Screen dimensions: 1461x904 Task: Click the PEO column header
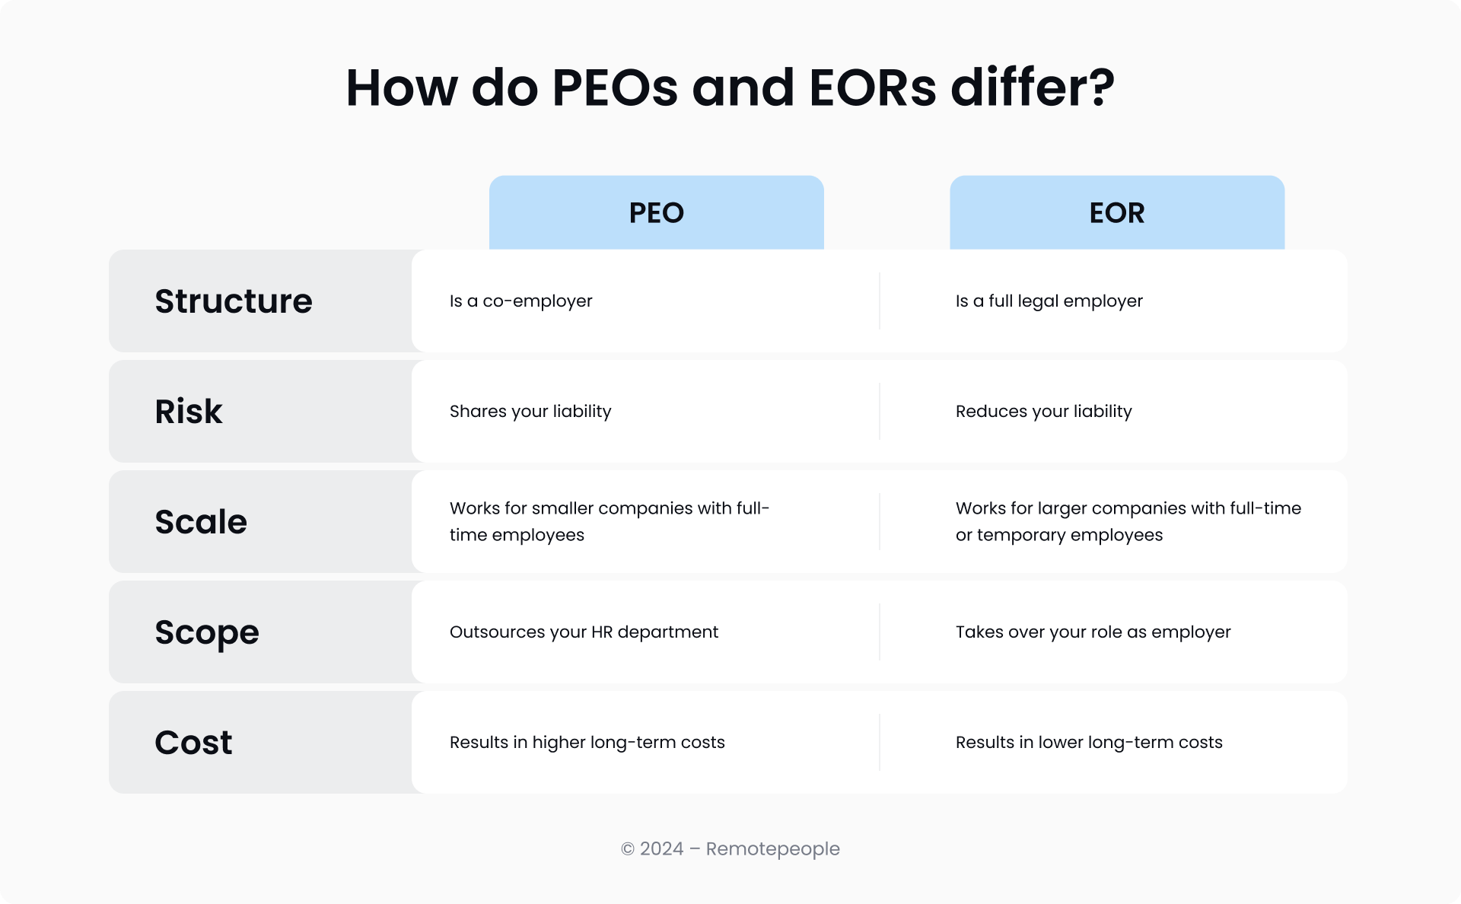(656, 213)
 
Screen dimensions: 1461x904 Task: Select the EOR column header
(1117, 213)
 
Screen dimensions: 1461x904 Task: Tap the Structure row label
(234, 301)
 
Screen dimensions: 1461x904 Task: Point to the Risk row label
(189, 412)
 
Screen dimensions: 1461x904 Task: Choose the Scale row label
(201, 522)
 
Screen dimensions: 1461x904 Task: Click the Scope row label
(207, 633)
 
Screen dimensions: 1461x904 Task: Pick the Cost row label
(193, 743)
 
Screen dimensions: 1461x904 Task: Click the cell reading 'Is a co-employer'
(520, 301)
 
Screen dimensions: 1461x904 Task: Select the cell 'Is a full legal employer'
(1049, 301)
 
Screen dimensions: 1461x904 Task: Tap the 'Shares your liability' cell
(530, 412)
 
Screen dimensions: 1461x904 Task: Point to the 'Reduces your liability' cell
(1044, 412)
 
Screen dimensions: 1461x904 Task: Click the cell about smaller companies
(610, 522)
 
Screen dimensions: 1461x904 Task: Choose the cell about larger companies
(1128, 522)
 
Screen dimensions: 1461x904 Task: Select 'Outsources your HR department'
(584, 632)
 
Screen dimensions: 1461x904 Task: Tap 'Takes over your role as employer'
(1093, 632)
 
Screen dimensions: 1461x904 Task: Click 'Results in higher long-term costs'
(587, 743)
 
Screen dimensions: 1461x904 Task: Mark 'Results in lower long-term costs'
(1089, 743)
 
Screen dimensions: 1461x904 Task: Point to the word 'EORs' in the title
(873, 88)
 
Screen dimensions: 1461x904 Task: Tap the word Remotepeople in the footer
(773, 849)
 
